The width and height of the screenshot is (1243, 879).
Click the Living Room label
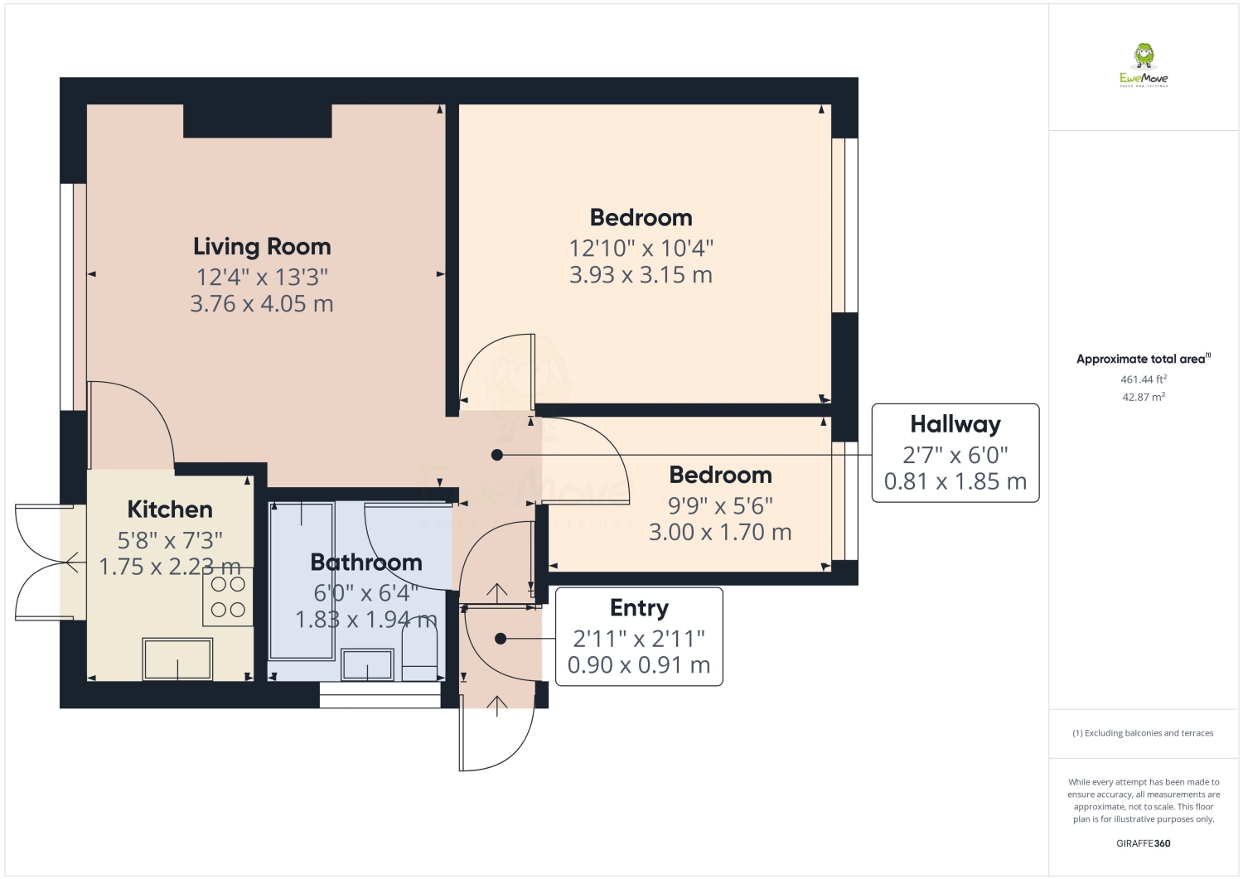(262, 246)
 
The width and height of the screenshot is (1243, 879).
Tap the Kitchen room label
(170, 510)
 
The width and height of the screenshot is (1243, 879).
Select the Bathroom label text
(366, 563)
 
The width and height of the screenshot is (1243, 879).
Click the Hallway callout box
(955, 453)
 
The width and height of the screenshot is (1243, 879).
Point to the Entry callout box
(639, 636)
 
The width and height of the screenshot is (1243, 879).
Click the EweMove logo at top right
(1144, 65)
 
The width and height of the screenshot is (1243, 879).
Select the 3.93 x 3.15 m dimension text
(641, 275)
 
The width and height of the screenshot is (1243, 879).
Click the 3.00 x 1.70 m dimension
(720, 532)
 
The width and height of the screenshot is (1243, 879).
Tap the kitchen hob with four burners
(228, 597)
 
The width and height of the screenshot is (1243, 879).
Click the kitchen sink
(177, 659)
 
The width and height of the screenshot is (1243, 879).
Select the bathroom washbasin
(367, 665)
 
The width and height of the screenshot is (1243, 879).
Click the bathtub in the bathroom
(301, 580)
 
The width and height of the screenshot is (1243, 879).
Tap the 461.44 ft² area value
(1144, 379)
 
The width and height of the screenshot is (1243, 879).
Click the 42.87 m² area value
(1144, 397)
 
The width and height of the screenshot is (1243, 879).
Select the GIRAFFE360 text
(1144, 844)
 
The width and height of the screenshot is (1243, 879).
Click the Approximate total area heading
(1143, 359)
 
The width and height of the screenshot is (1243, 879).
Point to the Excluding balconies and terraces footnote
(1143, 733)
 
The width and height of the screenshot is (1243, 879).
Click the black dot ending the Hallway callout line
(497, 455)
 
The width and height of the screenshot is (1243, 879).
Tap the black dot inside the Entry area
(501, 639)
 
